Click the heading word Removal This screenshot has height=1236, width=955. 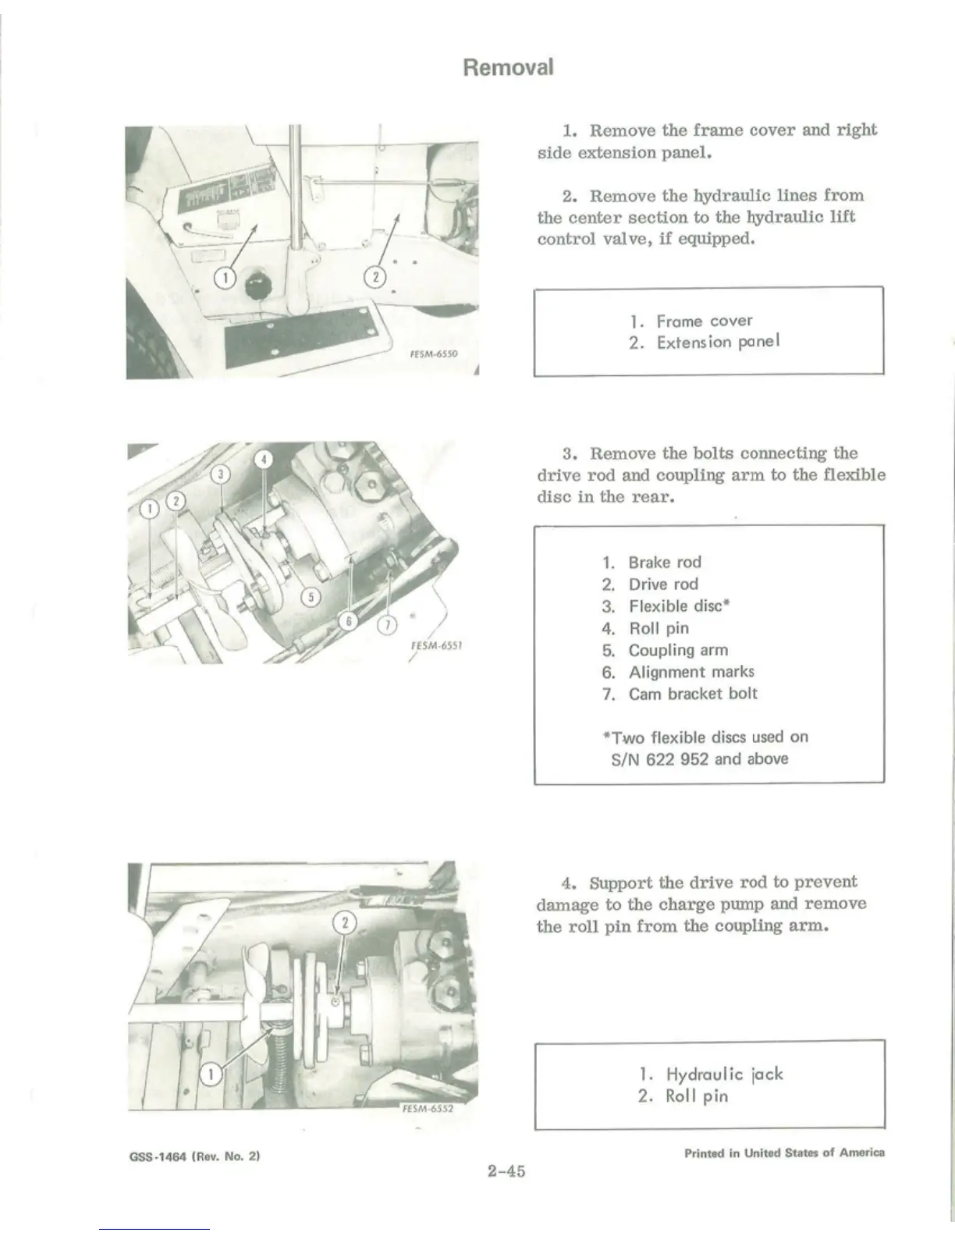[508, 67]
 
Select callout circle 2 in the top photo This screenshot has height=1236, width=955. [375, 277]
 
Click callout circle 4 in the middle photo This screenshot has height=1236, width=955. [264, 460]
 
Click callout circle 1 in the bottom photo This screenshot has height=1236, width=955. [210, 1075]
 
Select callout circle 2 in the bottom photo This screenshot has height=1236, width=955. [344, 924]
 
